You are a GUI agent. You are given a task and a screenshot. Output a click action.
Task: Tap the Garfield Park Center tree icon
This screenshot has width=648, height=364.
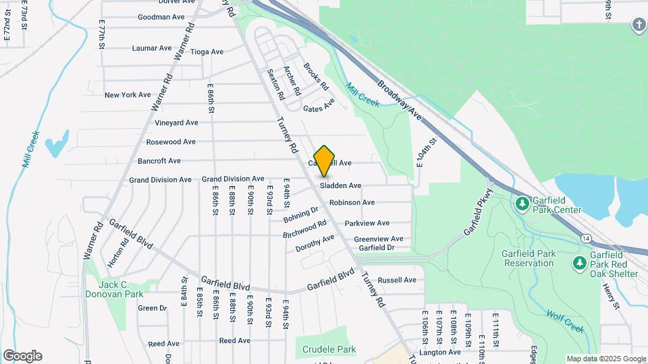point(522,203)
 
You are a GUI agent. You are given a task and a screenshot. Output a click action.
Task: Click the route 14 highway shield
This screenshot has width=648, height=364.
point(585,239)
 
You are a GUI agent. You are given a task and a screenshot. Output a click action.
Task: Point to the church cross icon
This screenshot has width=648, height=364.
point(639,26)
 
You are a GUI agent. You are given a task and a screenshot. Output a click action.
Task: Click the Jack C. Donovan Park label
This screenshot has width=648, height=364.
point(114,289)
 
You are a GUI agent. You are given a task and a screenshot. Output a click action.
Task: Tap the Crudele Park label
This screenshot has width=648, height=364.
point(329,350)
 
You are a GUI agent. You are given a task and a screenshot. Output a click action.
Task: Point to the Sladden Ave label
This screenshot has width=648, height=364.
point(341,185)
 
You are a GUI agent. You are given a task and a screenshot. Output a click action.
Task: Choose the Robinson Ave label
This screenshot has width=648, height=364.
point(352,202)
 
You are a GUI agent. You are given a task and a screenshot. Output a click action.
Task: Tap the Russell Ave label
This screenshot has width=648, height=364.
point(397,280)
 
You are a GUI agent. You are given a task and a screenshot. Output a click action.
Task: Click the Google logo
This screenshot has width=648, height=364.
point(22,356)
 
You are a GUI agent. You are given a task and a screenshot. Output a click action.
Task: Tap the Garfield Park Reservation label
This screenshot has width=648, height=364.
point(527,258)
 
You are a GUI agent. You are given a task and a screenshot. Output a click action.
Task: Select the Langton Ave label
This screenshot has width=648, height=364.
point(439,352)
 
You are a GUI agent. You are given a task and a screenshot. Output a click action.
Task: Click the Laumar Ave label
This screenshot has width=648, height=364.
point(152,49)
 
